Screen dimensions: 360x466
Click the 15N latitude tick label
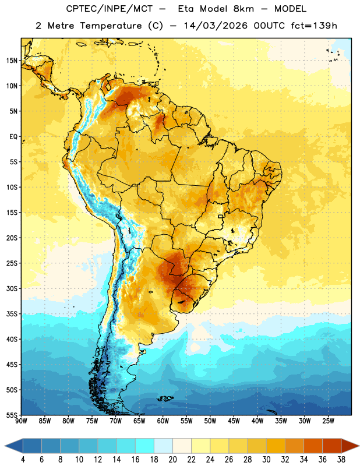(12, 61)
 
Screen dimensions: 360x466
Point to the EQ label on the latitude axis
(13, 137)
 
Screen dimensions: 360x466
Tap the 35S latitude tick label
(12, 314)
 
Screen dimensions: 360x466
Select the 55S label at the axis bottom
(12, 415)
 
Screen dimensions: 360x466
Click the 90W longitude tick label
(21, 421)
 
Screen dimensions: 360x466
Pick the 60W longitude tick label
(163, 421)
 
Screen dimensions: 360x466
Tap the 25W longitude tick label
(328, 421)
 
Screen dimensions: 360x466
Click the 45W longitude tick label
(234, 421)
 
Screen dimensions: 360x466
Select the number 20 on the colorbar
(172, 460)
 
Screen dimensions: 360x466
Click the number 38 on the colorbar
(341, 460)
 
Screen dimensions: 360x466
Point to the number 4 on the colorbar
(23, 460)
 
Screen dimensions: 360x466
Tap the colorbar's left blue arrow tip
(5, 446)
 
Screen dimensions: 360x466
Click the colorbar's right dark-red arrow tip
(359, 446)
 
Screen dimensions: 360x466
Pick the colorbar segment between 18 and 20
(163, 446)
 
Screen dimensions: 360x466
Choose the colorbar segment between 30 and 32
(276, 446)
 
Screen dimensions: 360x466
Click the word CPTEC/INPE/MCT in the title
(110, 9)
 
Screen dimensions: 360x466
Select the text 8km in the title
(243, 9)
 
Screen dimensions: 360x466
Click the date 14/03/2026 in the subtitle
(216, 26)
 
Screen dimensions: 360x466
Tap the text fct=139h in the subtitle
(314, 26)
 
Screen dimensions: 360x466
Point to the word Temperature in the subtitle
(111, 26)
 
